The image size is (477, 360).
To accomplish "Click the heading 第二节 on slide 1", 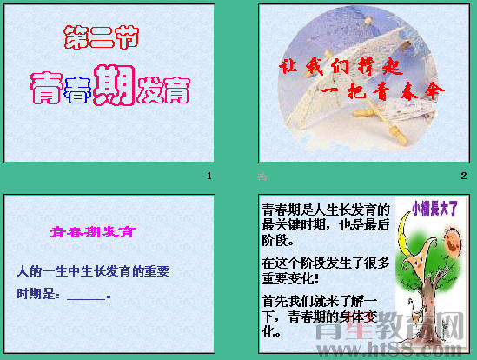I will click(102, 37).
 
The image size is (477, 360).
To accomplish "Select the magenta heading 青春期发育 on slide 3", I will click(92, 232).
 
